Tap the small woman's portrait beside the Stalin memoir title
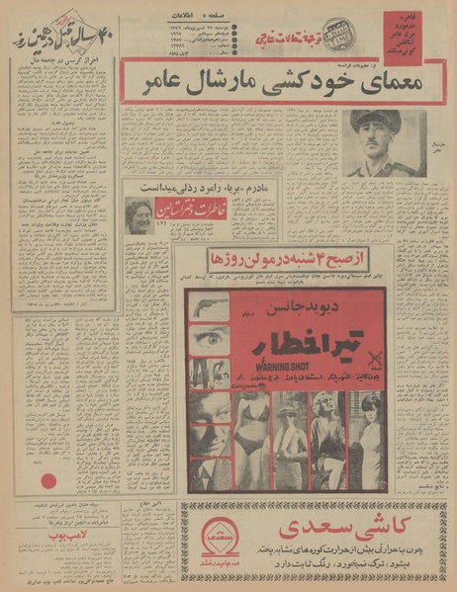point(139,213)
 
